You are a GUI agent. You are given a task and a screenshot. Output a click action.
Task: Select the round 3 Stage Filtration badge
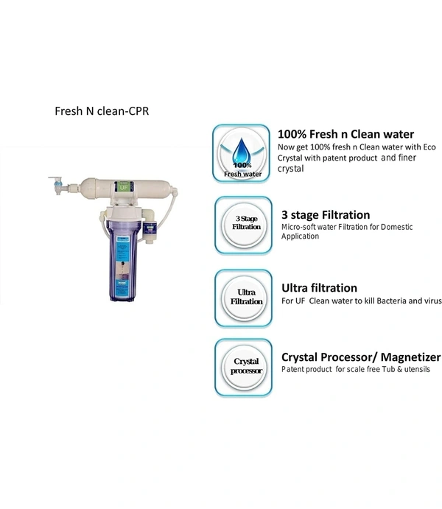[247, 224]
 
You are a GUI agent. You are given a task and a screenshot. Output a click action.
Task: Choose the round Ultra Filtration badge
[246, 296]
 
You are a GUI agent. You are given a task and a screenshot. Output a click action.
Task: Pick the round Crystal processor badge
[247, 366]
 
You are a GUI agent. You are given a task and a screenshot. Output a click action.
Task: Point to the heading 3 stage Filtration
[326, 215]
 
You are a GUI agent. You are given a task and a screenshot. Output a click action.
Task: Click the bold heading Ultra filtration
[319, 288]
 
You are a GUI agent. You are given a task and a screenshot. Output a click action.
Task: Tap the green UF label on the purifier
[124, 188]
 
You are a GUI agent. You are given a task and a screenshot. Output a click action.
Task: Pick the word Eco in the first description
[428, 147]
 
